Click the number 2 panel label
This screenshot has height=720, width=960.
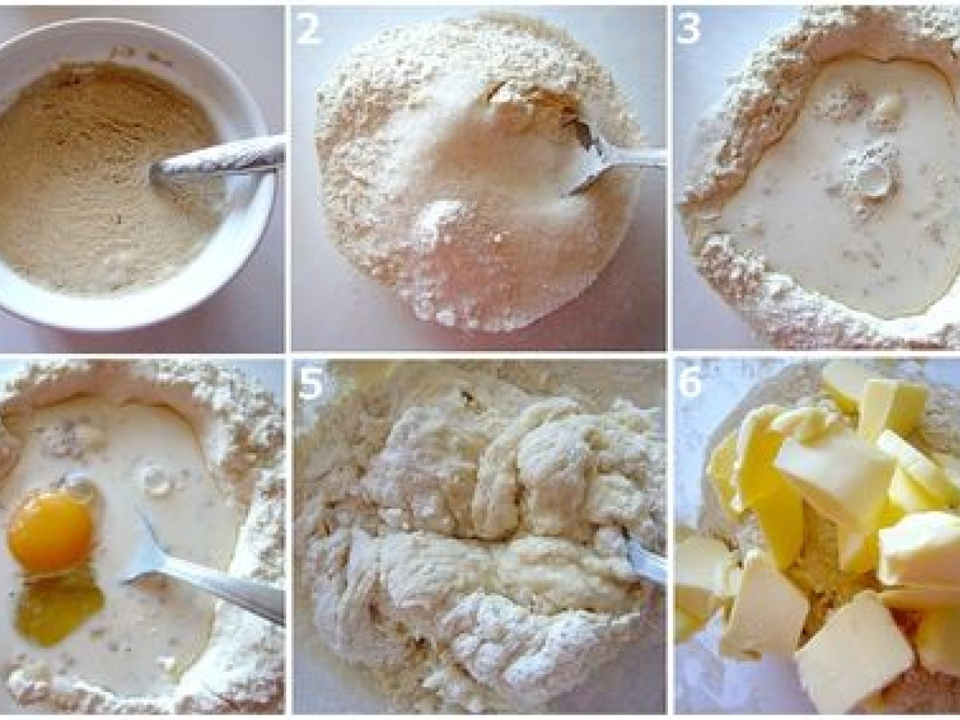pyautogui.click(x=308, y=30)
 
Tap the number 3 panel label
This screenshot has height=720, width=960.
pyautogui.click(x=689, y=30)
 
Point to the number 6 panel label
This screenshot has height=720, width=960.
pyautogui.click(x=690, y=382)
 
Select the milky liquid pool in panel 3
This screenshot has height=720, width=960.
pyautogui.click(x=822, y=197)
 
